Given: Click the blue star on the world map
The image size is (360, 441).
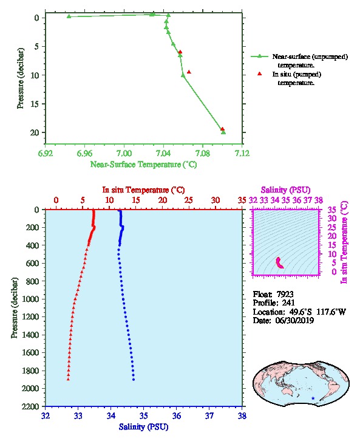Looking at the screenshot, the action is click(x=313, y=398).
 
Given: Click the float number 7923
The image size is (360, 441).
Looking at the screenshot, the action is click(x=285, y=294).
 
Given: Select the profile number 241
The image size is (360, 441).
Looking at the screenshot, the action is click(x=288, y=303).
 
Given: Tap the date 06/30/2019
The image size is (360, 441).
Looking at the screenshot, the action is click(x=294, y=321).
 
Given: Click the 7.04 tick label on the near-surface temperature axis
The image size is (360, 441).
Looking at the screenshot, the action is click(x=163, y=154).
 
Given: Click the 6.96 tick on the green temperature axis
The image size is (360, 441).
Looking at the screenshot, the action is click(x=84, y=154).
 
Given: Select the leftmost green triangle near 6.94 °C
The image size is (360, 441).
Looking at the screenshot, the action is click(x=69, y=16).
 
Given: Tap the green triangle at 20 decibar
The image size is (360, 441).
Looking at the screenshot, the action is click(x=223, y=132).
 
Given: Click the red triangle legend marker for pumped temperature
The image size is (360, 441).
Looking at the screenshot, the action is click(x=260, y=73).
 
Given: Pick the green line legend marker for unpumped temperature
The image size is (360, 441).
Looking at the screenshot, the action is click(x=260, y=56).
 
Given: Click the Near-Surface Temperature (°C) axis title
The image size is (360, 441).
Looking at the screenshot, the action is click(x=143, y=165).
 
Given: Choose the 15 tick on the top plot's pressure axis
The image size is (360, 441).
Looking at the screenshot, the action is click(x=35, y=104).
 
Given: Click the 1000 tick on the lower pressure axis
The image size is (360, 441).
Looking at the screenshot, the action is click(x=30, y=299).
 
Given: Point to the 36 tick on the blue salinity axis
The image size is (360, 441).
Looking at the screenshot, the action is click(x=177, y=415).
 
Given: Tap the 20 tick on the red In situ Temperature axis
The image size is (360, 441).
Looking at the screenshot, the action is click(x=163, y=200).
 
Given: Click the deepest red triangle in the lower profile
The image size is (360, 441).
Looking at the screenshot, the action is click(x=68, y=379).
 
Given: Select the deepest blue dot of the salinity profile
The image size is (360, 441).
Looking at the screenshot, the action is click(x=134, y=380).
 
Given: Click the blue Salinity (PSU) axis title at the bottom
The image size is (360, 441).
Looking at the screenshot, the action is click(x=144, y=427).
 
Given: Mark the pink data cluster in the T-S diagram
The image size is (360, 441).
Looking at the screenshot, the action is click(x=279, y=263).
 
